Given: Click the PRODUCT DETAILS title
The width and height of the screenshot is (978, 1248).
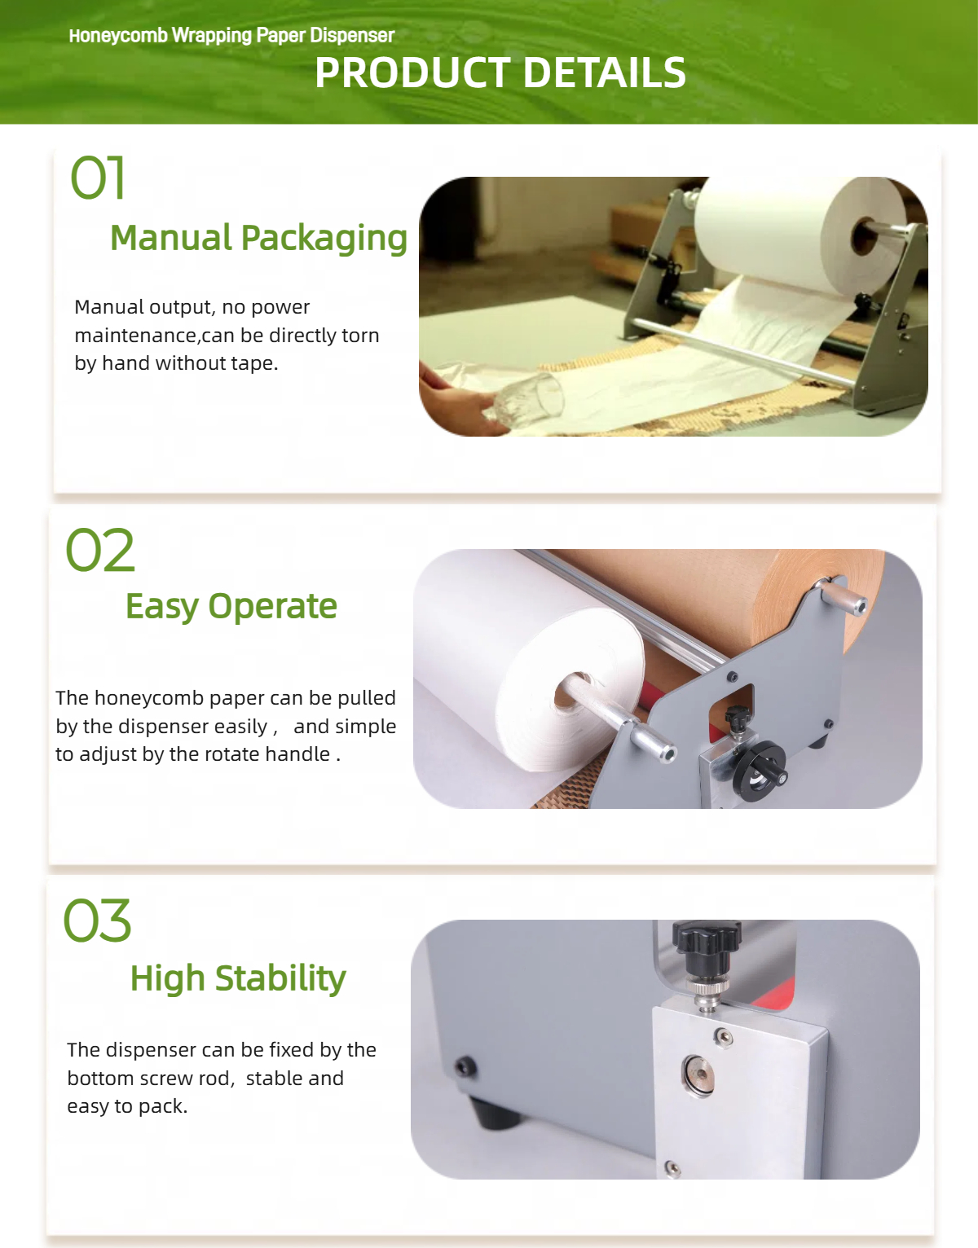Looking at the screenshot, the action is point(500,73).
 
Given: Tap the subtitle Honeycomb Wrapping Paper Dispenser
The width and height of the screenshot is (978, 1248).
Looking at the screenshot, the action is point(231,36).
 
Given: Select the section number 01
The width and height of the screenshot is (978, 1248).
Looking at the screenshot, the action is point(97,178).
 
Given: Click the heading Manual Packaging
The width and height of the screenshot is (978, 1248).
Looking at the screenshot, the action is point(258,238).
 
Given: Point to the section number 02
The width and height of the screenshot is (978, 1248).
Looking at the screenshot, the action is point(100,550).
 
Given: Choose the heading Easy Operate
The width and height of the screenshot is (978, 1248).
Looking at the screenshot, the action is point(231,606).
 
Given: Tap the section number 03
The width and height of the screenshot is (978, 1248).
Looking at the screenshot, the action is point(97,921).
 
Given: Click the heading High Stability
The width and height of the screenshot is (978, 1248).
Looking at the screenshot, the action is point(238,978).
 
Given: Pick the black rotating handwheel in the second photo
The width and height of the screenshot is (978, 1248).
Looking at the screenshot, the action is point(760,771).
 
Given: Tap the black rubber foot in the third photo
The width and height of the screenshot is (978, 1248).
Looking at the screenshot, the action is point(495,1114).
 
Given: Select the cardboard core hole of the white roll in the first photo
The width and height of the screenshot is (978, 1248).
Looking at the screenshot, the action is point(863,236).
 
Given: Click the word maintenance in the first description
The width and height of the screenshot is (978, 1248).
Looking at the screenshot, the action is point(136,336).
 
